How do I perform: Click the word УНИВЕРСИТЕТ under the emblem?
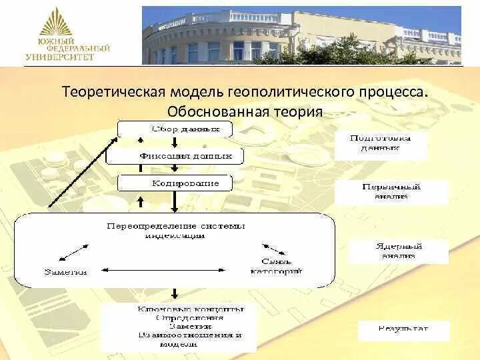(x=61, y=57)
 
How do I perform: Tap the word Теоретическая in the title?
(x=107, y=91)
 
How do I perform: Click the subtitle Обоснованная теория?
(x=245, y=111)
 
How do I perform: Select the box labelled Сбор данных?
(x=175, y=128)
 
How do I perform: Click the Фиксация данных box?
(x=175, y=156)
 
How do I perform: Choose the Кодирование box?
(x=176, y=182)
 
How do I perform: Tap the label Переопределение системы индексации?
(x=176, y=230)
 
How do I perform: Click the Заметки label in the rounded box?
(x=65, y=271)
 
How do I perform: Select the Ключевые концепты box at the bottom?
(x=179, y=327)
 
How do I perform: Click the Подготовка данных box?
(x=380, y=145)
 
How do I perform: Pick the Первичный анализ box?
(x=391, y=192)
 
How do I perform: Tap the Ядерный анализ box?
(x=398, y=251)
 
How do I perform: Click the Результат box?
(x=403, y=329)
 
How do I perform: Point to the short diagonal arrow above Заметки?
(x=73, y=253)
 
